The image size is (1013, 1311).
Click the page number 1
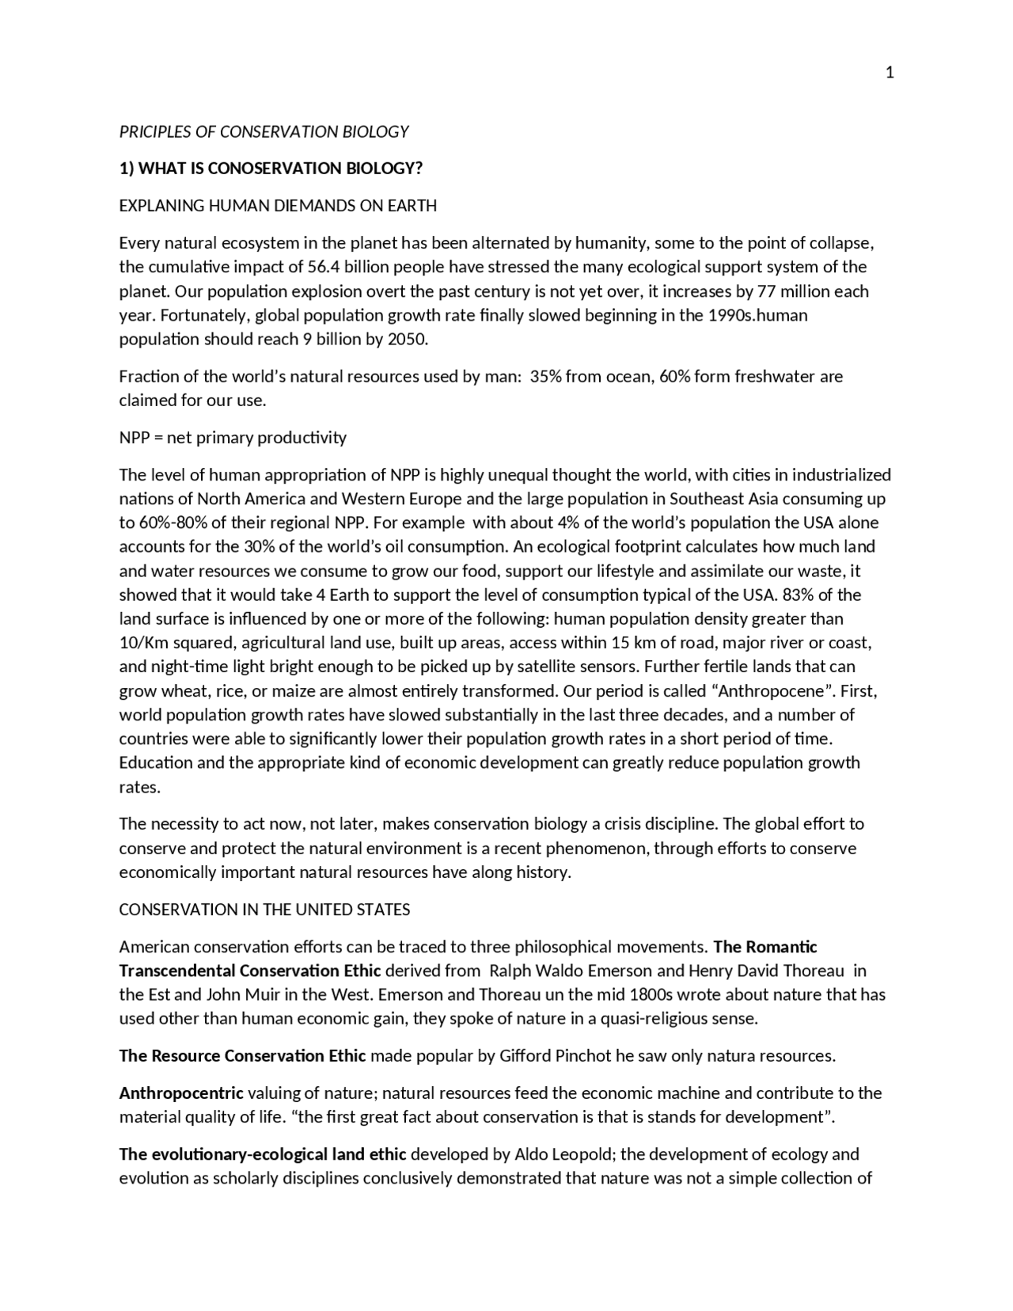890,73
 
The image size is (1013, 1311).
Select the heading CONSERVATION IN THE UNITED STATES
264,910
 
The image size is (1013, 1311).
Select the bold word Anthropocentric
181,1093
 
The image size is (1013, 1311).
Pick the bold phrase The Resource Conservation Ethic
242,1056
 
